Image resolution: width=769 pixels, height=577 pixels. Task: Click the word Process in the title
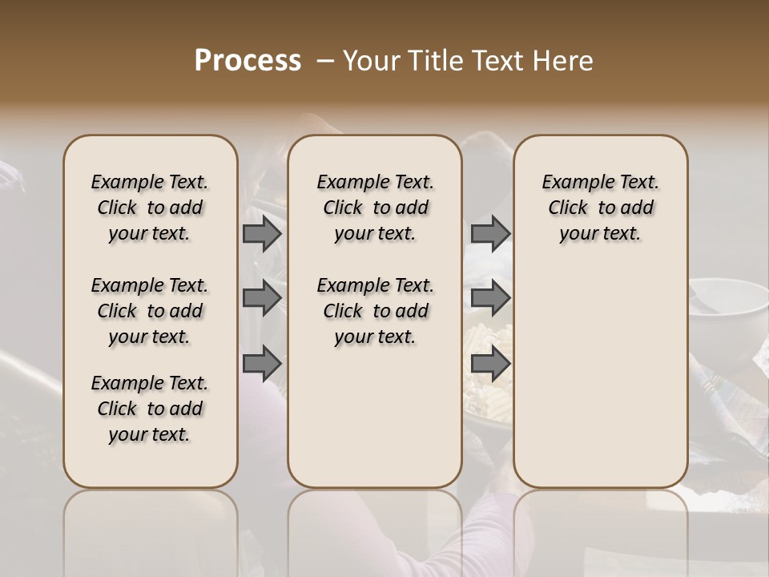[x=248, y=61]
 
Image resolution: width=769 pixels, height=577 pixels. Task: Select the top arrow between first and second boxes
[x=262, y=234]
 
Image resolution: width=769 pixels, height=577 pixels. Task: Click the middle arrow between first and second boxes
[x=262, y=299]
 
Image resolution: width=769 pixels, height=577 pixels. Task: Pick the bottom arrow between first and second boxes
[x=262, y=364]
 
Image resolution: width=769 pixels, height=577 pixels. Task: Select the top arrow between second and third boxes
[x=490, y=234]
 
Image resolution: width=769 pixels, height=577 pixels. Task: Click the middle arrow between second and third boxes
[x=490, y=299]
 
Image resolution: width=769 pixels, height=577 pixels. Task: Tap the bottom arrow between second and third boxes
[x=490, y=364]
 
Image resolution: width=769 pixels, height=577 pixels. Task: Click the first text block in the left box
[x=150, y=208]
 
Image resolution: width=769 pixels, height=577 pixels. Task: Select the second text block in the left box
[x=150, y=311]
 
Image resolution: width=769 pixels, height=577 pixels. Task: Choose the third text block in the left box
[x=150, y=409]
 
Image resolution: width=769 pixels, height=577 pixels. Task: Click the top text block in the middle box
[x=375, y=208]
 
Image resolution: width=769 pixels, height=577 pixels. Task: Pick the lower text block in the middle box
[x=375, y=311]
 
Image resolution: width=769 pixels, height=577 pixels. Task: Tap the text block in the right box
[x=600, y=208]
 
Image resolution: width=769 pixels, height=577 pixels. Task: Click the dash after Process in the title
[x=325, y=61]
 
